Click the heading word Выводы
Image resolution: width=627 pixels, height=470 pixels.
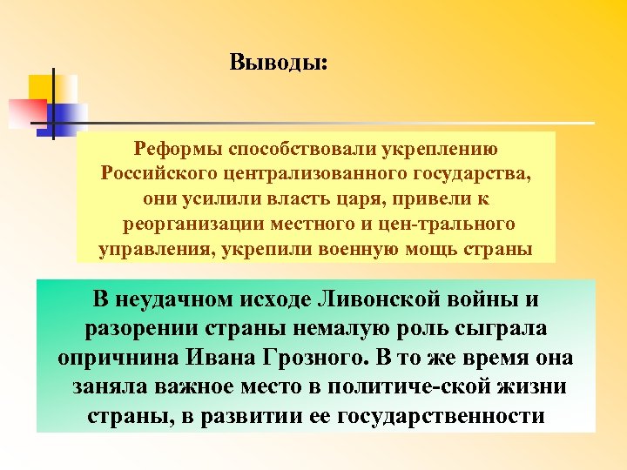(278, 64)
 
